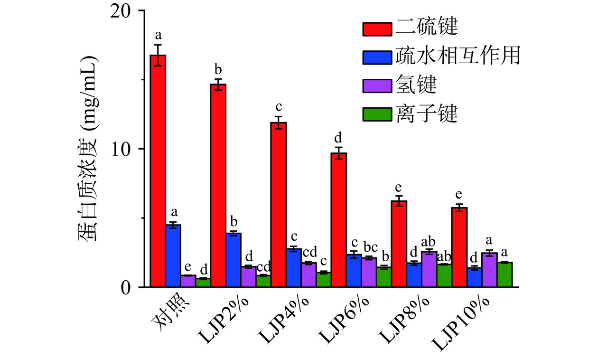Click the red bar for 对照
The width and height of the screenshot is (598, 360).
[x=159, y=171]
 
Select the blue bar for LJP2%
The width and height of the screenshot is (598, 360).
[x=234, y=260]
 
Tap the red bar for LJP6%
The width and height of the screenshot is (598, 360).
[x=339, y=220]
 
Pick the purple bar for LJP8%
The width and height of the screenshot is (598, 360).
[x=429, y=269]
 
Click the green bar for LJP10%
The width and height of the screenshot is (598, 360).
[x=505, y=275]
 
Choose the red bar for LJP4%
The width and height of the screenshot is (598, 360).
[x=279, y=204]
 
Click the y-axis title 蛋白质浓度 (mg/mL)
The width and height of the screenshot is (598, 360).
[x=88, y=149]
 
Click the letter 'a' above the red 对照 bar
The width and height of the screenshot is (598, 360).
[x=159, y=35]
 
